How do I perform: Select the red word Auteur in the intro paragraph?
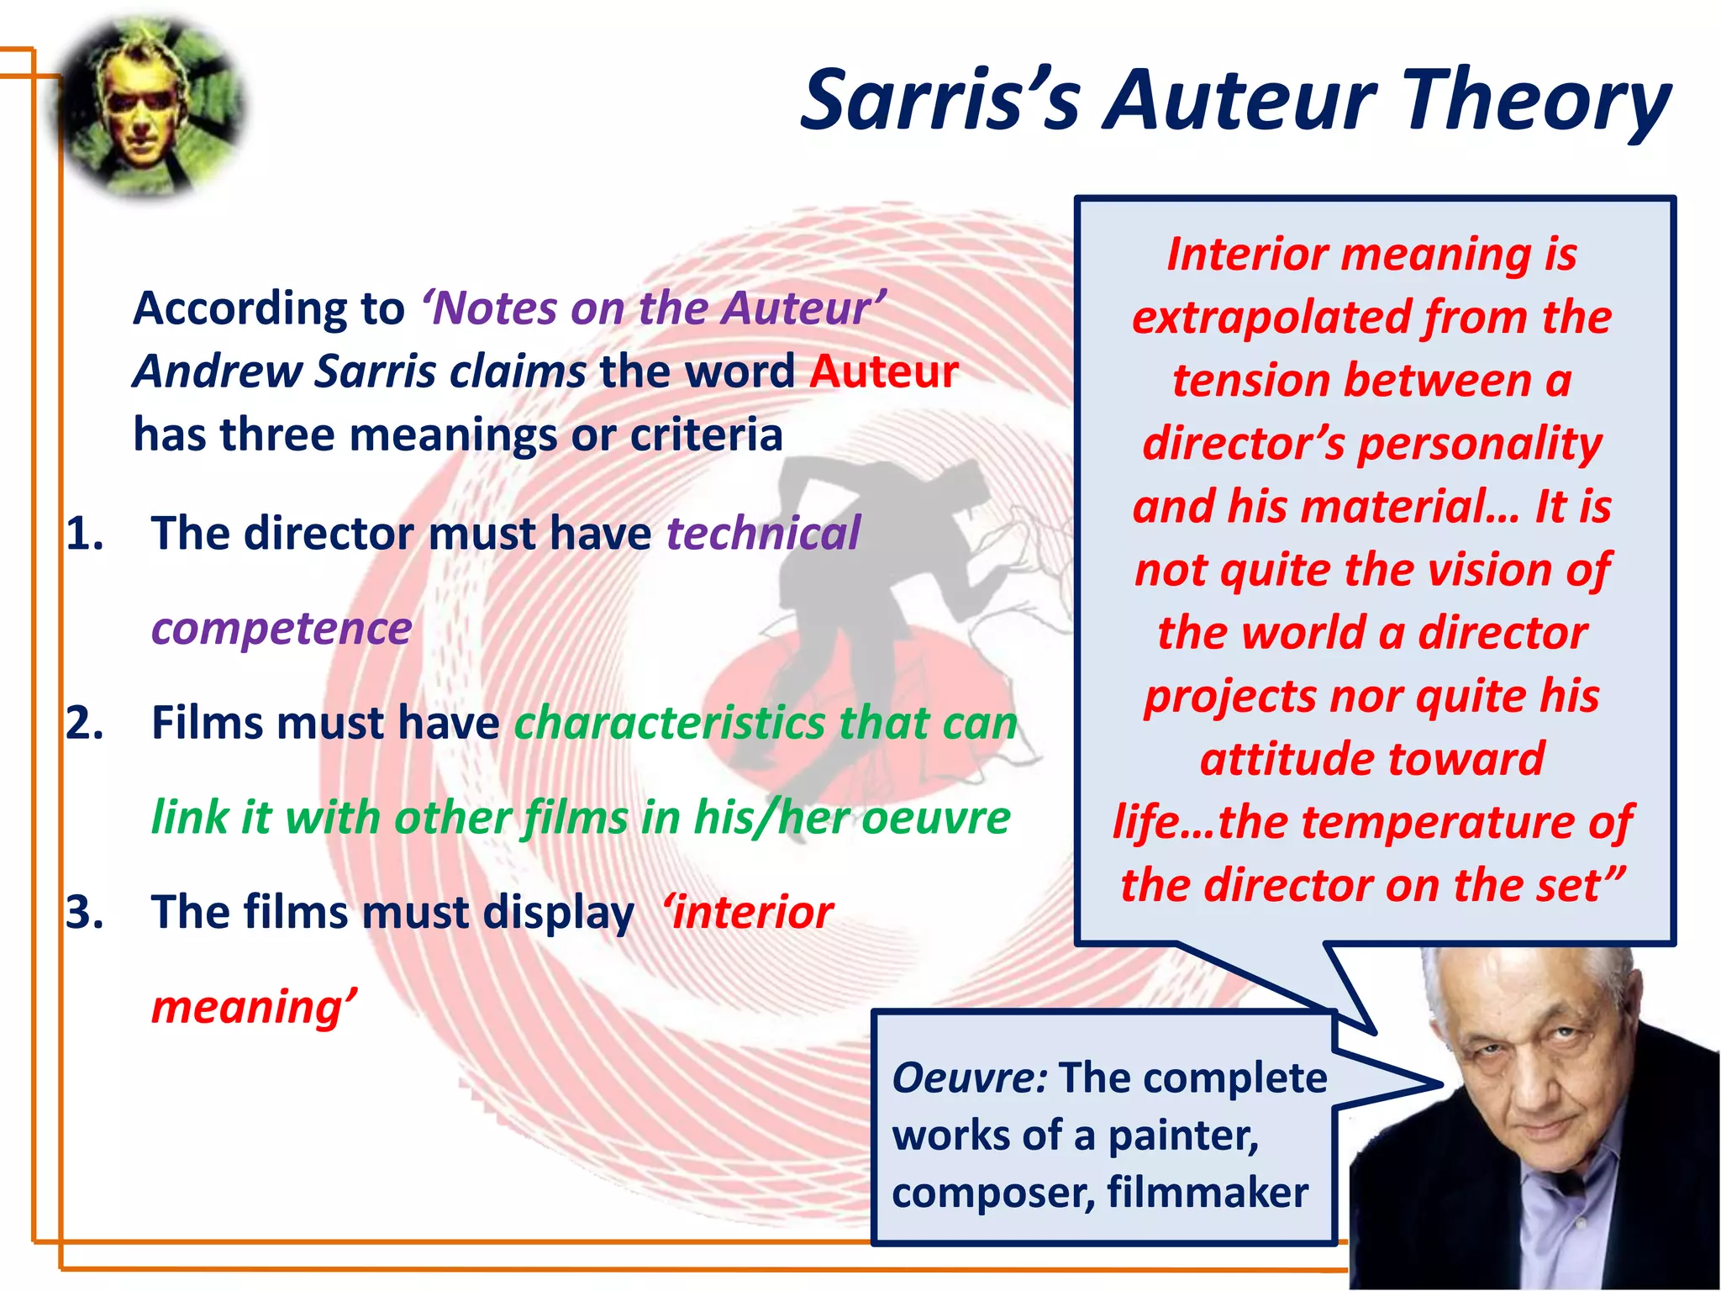[883, 371]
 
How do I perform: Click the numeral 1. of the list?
[85, 534]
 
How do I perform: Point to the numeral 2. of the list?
[85, 723]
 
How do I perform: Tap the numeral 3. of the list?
[85, 912]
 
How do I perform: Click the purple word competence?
[282, 629]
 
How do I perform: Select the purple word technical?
[763, 534]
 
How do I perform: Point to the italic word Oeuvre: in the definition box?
[969, 1078]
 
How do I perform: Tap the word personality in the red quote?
[1479, 444]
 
